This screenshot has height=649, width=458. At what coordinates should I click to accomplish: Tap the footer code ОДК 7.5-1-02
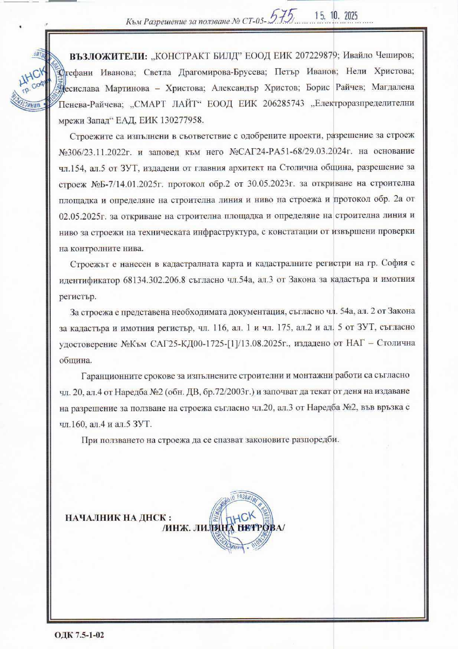(x=79, y=633)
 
